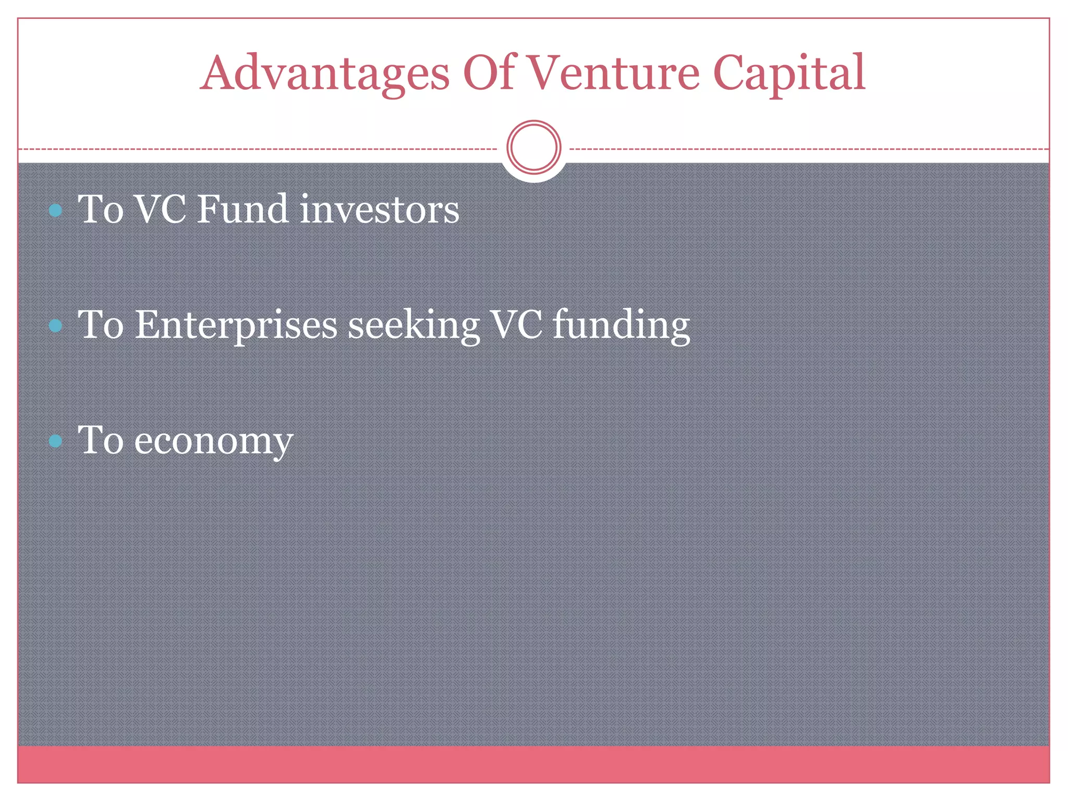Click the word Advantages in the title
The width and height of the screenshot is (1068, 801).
[324, 73]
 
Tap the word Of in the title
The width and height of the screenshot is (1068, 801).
[489, 73]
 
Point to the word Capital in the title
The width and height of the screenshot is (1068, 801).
[788, 73]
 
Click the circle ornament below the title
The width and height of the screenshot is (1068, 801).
[533, 148]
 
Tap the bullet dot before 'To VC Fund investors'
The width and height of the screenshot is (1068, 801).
[55, 211]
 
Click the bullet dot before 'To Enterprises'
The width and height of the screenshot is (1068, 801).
[55, 326]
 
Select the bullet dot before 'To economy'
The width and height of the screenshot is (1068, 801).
[55, 441]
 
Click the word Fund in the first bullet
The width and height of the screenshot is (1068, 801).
[243, 210]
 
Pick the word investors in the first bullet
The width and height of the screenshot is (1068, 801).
[380, 210]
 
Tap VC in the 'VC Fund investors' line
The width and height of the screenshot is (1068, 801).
[160, 210]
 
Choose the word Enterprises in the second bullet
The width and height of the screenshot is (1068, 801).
[236, 325]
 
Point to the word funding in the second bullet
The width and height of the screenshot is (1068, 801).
[621, 325]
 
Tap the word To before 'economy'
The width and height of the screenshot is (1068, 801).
[101, 440]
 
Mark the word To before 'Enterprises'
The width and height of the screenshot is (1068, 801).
[101, 325]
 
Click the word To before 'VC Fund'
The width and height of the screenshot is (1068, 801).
[101, 210]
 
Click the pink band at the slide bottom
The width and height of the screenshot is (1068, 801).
[533, 764]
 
